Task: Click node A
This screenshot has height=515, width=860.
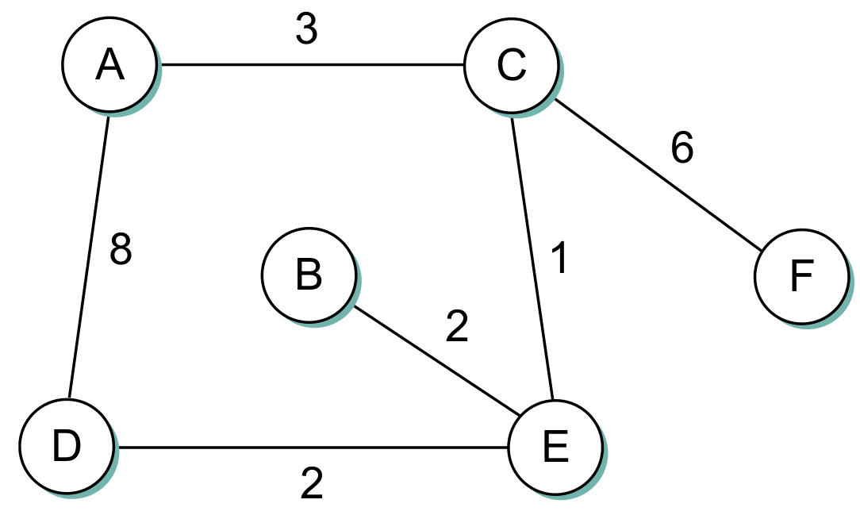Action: (x=109, y=66)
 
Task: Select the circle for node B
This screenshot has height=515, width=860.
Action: (x=308, y=275)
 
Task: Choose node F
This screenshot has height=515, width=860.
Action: (x=801, y=277)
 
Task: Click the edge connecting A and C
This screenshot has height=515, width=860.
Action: (x=309, y=65)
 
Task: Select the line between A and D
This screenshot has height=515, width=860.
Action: (x=89, y=254)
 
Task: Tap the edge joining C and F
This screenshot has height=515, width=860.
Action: (x=658, y=174)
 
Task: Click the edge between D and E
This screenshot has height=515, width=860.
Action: (x=313, y=448)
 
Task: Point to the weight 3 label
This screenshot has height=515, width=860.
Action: (x=306, y=30)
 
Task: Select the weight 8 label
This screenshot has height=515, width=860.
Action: (x=121, y=251)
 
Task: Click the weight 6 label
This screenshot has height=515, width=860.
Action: (x=681, y=148)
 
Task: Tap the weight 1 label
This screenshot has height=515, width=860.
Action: (x=559, y=258)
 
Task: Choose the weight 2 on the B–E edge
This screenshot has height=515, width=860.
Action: (x=457, y=327)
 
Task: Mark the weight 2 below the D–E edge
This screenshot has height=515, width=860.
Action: (x=312, y=483)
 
